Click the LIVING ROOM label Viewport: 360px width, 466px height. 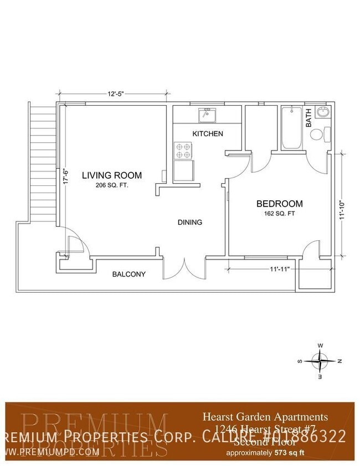112,175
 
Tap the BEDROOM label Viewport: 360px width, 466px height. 279,204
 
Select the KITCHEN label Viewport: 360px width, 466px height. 208,134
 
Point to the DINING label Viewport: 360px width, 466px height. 190,222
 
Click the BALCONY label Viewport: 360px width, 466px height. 128,274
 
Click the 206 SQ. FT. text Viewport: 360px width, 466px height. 112,185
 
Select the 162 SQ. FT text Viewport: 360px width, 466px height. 279,213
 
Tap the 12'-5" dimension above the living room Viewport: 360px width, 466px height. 115,94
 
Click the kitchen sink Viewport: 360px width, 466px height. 208,115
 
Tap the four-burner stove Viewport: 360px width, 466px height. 183,150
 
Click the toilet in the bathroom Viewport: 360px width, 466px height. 320,134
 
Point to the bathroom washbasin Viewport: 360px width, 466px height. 322,113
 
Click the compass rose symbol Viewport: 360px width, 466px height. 320,361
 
